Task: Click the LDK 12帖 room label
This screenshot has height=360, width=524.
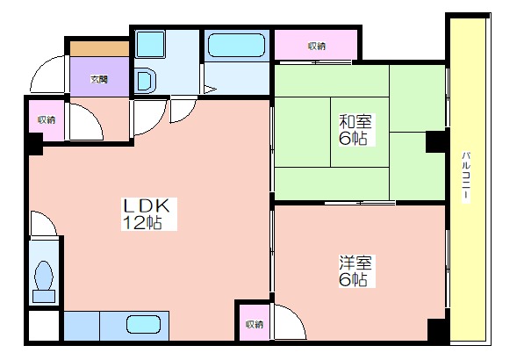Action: [x=148, y=214]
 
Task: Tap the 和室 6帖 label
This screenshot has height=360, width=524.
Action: [x=355, y=130]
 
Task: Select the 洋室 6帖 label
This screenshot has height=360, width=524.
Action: [x=355, y=271]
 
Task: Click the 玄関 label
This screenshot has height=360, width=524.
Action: [x=99, y=80]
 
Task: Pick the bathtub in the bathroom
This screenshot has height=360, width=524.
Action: [x=236, y=45]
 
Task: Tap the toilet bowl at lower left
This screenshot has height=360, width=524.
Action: [x=44, y=275]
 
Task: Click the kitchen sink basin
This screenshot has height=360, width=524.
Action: [x=143, y=325]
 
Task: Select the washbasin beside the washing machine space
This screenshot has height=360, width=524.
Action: [x=146, y=80]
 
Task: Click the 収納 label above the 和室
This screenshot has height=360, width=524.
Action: [x=317, y=47]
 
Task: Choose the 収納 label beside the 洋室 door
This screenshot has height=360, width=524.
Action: [x=255, y=324]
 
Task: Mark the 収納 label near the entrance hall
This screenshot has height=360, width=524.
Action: [x=47, y=119]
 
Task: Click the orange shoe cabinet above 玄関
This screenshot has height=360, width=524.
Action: [x=99, y=49]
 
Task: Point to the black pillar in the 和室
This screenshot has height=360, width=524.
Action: [x=435, y=141]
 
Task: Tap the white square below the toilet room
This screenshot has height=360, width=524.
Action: [x=44, y=326]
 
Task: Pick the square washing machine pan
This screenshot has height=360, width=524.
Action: [x=150, y=44]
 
